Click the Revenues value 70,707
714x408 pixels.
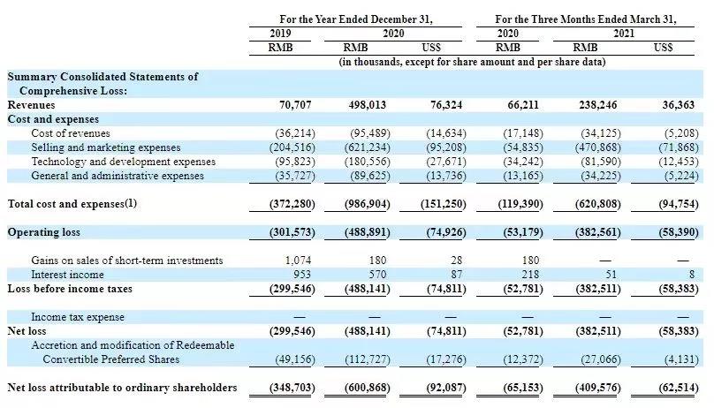tap(295, 105)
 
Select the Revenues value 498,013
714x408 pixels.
tap(367, 105)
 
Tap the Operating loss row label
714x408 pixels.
tap(43, 232)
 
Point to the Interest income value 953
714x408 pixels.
tap(302, 275)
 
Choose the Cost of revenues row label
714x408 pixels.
tap(71, 133)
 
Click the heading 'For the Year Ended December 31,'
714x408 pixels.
tap(356, 19)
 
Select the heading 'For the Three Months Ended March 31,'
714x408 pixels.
tap(586, 19)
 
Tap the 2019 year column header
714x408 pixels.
tap(280, 34)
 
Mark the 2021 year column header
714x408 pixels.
tap(623, 34)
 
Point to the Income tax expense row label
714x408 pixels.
tap(78, 317)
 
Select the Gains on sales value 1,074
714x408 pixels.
tap(299, 261)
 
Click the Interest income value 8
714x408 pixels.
tap(692, 275)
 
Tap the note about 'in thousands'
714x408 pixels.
tap(472, 62)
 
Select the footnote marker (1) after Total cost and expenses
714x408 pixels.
tap(131, 203)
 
